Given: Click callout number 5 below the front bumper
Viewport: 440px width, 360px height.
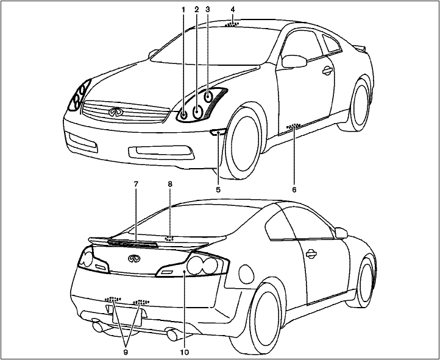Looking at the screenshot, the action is point(218,189).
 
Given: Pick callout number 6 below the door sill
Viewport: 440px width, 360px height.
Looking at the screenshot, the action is point(294,189).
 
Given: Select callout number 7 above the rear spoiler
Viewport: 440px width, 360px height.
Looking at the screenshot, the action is point(137,183).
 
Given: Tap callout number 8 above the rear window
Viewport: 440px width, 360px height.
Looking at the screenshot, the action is point(171,183).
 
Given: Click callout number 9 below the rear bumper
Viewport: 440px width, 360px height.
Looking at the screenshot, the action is point(126,351).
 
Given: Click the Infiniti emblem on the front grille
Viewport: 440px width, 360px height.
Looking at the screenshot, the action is point(115,113).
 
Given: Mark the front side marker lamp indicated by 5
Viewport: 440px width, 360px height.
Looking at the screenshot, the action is point(218,132).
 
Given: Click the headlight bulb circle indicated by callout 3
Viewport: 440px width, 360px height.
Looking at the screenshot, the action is point(208,96).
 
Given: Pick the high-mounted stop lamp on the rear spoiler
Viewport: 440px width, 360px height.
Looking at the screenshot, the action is point(133,242).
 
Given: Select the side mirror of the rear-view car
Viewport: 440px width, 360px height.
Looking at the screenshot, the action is point(341,232).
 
